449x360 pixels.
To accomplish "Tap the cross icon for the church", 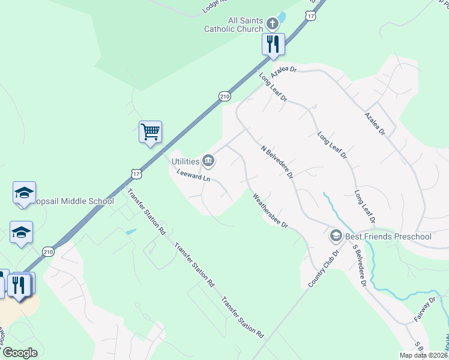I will coord(273,24).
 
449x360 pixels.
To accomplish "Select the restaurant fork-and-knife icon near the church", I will coord(273,44).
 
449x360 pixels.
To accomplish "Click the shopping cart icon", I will coord(150,131).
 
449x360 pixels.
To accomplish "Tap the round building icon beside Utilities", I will coord(209,160).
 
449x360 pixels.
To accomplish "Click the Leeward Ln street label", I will coord(194,176).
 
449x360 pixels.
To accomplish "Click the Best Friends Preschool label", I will coord(388,236).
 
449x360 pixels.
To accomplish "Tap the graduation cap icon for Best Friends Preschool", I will coord(336,236).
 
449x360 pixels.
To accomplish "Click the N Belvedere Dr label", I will coord(277,161).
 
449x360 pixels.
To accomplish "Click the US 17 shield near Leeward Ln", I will coord(136,173).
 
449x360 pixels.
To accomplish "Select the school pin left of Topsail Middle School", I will coord(24,193).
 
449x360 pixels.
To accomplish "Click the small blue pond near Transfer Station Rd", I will coord(131,231).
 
